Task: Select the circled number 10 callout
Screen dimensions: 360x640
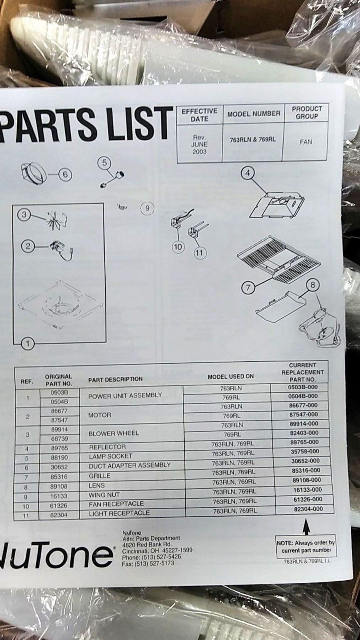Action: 178,246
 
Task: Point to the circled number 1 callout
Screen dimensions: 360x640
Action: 28,343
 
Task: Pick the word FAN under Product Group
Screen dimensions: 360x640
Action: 306,142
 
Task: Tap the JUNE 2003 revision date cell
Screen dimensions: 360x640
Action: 200,144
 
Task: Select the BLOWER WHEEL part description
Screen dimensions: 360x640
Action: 114,433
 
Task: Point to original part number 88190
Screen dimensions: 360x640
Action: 59,458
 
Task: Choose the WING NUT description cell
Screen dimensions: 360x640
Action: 104,495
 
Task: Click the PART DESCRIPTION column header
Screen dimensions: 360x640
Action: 115,379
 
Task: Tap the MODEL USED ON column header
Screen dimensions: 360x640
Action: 231,376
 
